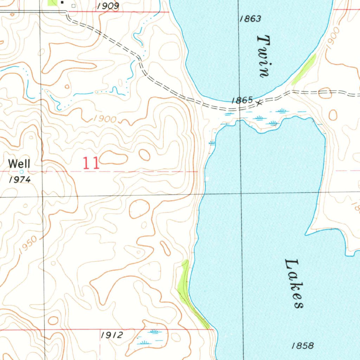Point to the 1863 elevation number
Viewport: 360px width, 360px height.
point(250,19)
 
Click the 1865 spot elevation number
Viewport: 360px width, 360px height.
point(242,101)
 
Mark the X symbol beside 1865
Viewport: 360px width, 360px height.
point(259,103)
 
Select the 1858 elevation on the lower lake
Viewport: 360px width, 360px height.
point(303,346)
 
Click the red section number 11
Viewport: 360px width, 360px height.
point(91,164)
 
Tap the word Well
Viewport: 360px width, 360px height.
point(19,163)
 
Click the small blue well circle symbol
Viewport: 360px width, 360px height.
point(21,172)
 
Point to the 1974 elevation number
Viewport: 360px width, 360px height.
point(20,180)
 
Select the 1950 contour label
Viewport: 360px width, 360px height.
point(28,245)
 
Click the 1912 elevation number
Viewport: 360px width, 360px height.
point(112,335)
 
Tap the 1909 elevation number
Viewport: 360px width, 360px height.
point(108,6)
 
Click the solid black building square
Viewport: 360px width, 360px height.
point(63,3)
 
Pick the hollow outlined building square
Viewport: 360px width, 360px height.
point(73,6)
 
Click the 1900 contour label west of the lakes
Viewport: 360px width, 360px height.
point(105,120)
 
